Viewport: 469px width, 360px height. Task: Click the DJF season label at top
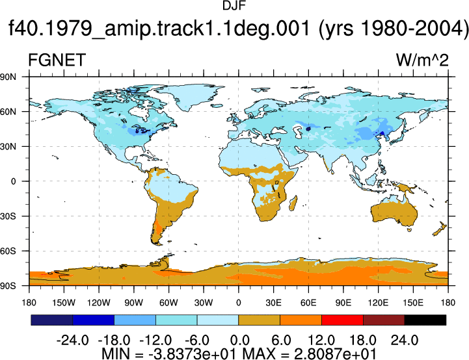pyautogui.click(x=234, y=6)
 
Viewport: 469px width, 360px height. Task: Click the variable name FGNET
pyautogui.click(x=57, y=60)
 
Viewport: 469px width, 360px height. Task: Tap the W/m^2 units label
pyautogui.click(x=422, y=60)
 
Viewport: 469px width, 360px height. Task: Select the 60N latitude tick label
pyautogui.click(x=8, y=112)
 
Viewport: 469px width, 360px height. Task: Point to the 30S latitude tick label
pyautogui.click(x=8, y=216)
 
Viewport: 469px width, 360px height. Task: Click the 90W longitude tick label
pyautogui.click(x=134, y=303)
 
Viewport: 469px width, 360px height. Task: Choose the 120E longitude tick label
pyautogui.click(x=378, y=303)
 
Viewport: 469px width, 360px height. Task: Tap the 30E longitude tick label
pyautogui.click(x=273, y=303)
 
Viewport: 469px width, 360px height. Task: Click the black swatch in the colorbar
pyautogui.click(x=425, y=320)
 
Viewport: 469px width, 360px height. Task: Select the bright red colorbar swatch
pyautogui.click(x=342, y=320)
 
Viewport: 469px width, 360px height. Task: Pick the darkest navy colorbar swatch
pyautogui.click(x=52, y=320)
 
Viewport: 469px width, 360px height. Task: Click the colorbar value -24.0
pyautogui.click(x=72, y=340)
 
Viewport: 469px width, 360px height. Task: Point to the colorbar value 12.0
pyautogui.click(x=321, y=340)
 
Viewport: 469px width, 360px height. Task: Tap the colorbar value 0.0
pyautogui.click(x=239, y=340)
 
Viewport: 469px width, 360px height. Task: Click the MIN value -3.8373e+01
pyautogui.click(x=192, y=354)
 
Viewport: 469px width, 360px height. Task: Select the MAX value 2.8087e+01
pyautogui.click(x=335, y=354)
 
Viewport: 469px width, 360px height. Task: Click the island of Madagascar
pyautogui.click(x=293, y=203)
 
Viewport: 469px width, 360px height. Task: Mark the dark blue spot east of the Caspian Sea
pyautogui.click(x=308, y=129)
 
